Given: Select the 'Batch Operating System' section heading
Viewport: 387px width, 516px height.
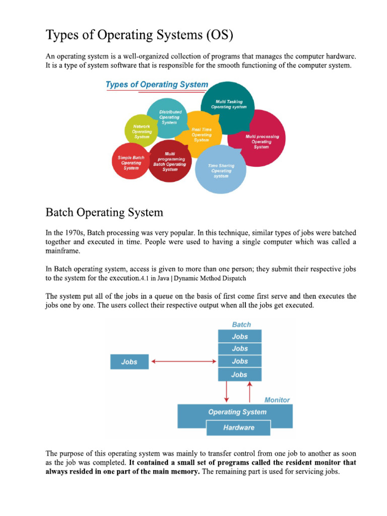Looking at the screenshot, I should click(104, 212).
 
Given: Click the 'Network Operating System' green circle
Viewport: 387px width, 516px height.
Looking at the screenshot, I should click(141, 131).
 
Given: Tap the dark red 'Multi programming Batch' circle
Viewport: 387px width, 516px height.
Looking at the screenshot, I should click(170, 161).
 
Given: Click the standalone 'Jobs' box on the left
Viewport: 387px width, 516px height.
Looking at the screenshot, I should click(130, 362).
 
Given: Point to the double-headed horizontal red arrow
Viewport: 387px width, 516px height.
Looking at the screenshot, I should click(184, 361).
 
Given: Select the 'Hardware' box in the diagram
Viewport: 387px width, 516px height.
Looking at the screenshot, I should click(239, 428).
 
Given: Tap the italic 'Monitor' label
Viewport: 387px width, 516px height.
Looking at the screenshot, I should click(277, 400).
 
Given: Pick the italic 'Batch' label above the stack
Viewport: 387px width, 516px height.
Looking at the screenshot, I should click(241, 325).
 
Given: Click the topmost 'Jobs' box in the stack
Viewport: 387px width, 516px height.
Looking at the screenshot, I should click(239, 336).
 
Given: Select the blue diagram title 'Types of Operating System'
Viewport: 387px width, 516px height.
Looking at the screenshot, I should click(156, 85).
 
